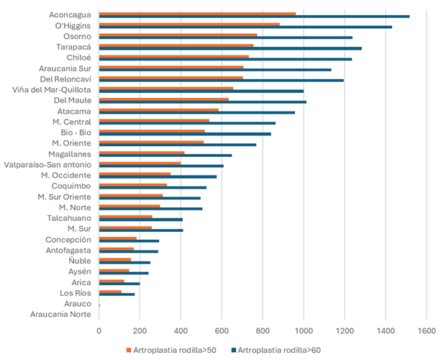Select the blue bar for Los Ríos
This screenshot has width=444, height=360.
pyautogui.click(x=117, y=294)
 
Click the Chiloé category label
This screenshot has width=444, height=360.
pyautogui.click(x=78, y=58)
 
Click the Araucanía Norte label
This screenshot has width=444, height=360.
pyautogui.click(x=60, y=314)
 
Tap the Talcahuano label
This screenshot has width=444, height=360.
pyautogui.click(x=69, y=217)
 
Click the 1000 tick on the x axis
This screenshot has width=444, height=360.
pyautogui.click(x=304, y=332)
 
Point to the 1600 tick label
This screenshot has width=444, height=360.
pyautogui.click(x=427, y=332)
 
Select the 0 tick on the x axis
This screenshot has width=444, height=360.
pyautogui.click(x=99, y=332)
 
